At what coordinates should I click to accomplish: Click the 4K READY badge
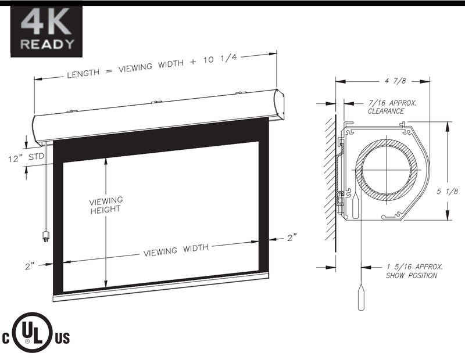point(46,31)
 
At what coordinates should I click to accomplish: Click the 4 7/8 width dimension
point(395,81)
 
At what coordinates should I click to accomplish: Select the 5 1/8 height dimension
point(447,192)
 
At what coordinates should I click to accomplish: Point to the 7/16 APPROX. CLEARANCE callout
point(392,107)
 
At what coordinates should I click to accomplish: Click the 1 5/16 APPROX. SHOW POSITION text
point(414,271)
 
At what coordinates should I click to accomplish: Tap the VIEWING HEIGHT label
point(106,205)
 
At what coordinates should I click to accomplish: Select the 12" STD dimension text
point(26,157)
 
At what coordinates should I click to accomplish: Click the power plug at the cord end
point(45,236)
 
